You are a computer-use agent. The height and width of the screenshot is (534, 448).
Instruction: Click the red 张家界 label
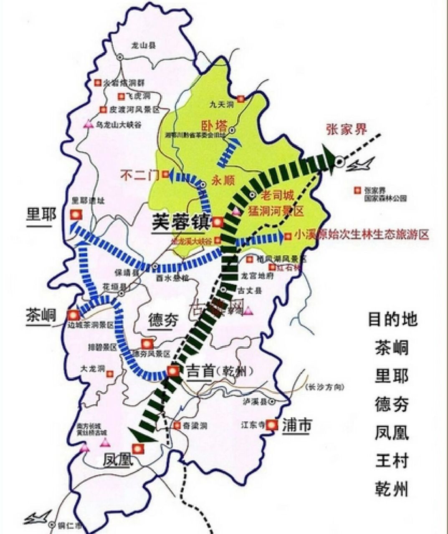[346, 130]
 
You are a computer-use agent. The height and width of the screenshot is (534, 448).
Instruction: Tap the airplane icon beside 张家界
[360, 165]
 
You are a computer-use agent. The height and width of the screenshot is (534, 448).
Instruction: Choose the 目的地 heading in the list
[392, 319]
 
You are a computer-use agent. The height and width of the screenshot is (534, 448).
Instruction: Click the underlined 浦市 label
[296, 425]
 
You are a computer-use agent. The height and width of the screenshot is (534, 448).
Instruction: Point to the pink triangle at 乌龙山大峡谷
[88, 124]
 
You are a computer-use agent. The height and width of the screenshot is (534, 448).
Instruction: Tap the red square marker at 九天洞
[240, 99]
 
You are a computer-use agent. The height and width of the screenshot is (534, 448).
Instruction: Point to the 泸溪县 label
[255, 401]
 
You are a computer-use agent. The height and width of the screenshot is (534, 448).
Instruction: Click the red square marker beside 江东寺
[272, 425]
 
